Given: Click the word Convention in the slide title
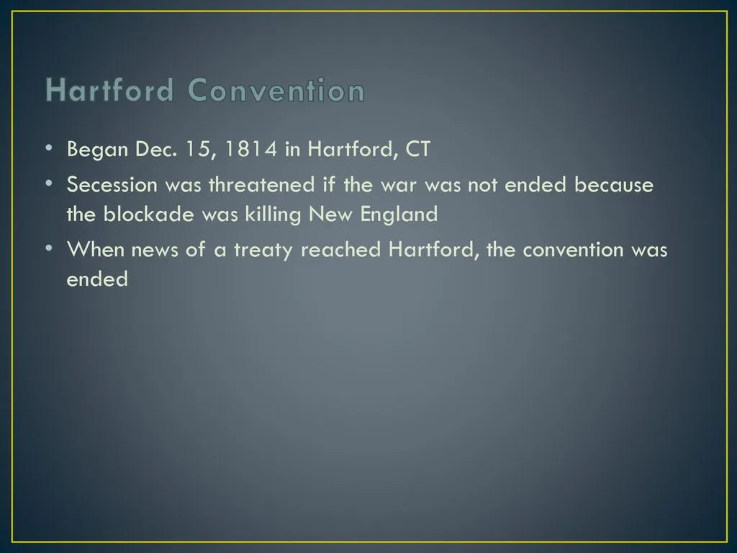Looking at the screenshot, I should coord(276,91).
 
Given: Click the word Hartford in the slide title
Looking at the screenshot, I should coord(109,91).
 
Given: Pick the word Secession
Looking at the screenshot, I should coord(112,185).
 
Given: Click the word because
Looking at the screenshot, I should coord(614,185).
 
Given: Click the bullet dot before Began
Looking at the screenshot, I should coord(48,148).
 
